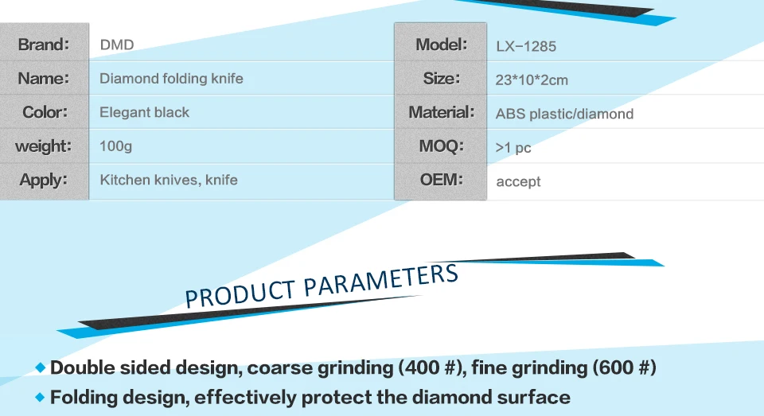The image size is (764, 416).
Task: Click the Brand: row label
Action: click(x=43, y=45)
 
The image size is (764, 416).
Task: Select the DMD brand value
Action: click(x=117, y=45)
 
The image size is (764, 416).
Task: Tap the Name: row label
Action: click(x=43, y=78)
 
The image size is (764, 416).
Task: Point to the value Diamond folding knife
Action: click(x=171, y=79)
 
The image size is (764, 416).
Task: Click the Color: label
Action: click(x=45, y=112)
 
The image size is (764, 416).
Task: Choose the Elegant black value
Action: click(x=144, y=112)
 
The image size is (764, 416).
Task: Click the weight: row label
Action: click(x=43, y=146)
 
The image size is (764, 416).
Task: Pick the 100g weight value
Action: click(x=115, y=146)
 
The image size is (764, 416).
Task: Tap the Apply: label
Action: click(x=43, y=181)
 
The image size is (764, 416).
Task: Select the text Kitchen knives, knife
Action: click(x=169, y=180)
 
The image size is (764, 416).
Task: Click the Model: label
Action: click(x=442, y=45)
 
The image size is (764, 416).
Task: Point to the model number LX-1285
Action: click(x=526, y=46)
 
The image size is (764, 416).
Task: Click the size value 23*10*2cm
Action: click(x=532, y=80)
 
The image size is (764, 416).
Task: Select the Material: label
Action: click(x=442, y=112)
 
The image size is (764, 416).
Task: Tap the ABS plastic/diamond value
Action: click(x=565, y=114)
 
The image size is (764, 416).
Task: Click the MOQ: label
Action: click(x=442, y=146)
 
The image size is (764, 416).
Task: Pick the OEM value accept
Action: click(x=518, y=181)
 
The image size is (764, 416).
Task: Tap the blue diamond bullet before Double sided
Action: click(x=41, y=367)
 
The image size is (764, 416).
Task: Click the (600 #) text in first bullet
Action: click(x=625, y=367)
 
